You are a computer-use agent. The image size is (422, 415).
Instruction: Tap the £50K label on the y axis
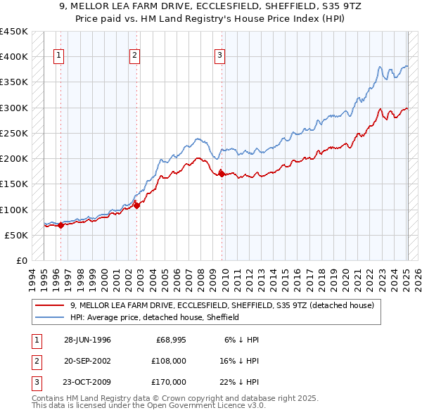point(17,235)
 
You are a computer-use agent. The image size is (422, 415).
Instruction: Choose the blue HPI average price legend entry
point(155,317)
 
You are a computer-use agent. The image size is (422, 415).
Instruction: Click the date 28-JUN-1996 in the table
point(87,340)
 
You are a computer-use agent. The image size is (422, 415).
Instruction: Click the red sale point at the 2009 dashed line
point(222,173)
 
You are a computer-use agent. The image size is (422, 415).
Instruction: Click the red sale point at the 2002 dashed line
point(137,205)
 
